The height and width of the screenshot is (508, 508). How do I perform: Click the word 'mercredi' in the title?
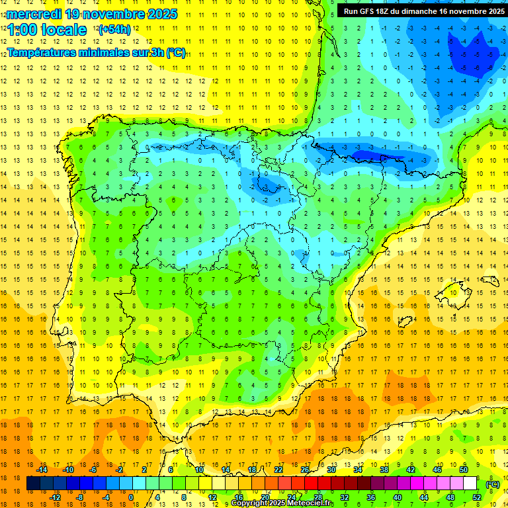[35, 14]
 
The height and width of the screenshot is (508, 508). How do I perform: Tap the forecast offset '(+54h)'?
[114, 29]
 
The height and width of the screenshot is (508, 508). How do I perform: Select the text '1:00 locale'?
[47, 30]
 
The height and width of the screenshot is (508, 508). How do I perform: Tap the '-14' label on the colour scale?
[42, 470]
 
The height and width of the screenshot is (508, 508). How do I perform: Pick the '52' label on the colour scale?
[477, 497]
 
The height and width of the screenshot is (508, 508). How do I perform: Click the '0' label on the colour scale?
[130, 497]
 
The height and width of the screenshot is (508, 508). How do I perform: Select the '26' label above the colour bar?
[305, 470]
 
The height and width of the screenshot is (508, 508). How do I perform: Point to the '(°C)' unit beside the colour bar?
[493, 484]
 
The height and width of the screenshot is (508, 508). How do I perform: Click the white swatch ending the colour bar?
[470, 484]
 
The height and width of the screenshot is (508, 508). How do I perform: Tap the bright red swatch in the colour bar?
[312, 484]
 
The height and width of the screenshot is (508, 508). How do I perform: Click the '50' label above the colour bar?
[464, 470]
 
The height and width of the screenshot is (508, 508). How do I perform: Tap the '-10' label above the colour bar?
[67, 470]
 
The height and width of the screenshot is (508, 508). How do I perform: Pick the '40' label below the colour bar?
[398, 497]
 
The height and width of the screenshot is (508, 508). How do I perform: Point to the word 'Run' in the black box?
[351, 11]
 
